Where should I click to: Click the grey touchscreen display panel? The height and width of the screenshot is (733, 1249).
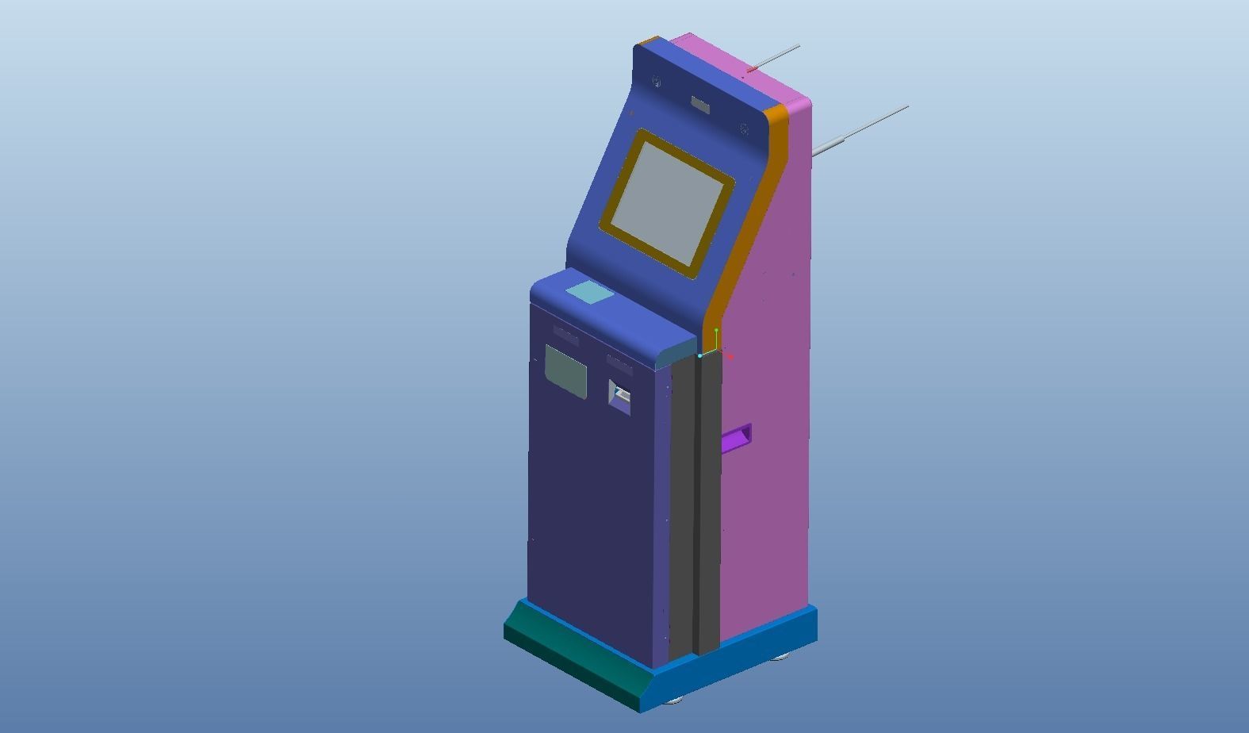[667, 202]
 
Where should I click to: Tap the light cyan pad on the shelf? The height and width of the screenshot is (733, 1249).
[589, 292]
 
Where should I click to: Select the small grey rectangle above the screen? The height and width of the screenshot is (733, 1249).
[699, 105]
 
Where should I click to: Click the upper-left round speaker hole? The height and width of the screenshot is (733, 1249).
[657, 81]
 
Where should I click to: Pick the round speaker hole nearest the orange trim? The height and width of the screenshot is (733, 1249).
[745, 129]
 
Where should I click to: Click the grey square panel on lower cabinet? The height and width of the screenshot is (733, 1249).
[565, 370]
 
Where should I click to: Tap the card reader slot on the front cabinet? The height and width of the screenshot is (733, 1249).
[619, 394]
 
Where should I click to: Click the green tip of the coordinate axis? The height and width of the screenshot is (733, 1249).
[716, 330]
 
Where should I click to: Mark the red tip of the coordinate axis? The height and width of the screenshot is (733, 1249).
[729, 357]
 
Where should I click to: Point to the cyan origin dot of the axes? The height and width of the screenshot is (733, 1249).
[700, 355]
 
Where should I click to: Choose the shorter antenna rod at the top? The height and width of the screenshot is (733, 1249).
[776, 57]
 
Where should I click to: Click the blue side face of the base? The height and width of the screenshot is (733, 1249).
[738, 658]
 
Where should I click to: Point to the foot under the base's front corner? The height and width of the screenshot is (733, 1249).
[675, 700]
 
